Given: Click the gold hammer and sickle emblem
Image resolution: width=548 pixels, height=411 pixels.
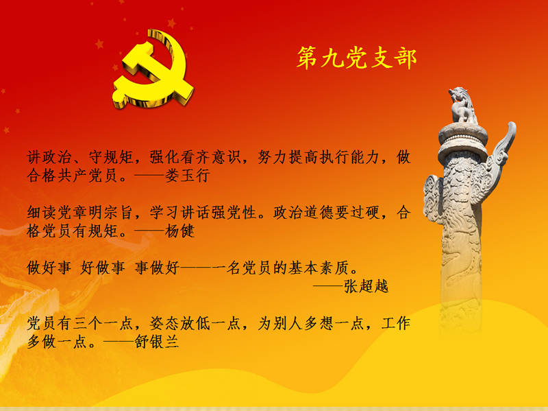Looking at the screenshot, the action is click(x=153, y=70).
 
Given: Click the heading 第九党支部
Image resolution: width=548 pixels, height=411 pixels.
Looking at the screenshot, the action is click(x=356, y=58).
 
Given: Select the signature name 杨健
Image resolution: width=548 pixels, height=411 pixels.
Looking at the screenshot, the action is click(x=180, y=231).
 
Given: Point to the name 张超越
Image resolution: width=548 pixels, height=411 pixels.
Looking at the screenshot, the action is click(x=366, y=286).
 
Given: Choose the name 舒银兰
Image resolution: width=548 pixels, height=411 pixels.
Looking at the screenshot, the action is click(x=158, y=342).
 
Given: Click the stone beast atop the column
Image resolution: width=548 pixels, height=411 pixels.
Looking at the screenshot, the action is click(x=462, y=105).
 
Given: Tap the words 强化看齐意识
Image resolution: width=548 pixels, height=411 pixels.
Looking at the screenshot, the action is click(x=195, y=157).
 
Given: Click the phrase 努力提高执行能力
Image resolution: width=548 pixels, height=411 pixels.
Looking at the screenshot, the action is click(x=319, y=157).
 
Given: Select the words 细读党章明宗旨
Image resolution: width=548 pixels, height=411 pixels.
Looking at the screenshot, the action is click(x=79, y=213).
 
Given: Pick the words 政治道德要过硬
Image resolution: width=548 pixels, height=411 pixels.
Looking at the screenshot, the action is click(x=327, y=213).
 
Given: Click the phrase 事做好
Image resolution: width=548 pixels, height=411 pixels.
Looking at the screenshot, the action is click(x=157, y=268).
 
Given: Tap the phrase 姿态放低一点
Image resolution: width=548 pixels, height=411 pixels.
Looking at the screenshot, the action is click(x=195, y=323).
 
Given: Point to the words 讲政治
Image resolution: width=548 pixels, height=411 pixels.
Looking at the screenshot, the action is click(x=49, y=157).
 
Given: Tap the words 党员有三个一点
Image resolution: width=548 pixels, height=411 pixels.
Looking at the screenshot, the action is click(x=79, y=323).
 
